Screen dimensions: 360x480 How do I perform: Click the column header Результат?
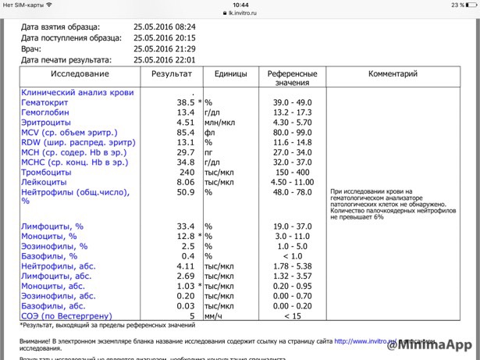tap(169, 73)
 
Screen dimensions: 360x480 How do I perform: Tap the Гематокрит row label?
tap(44, 102)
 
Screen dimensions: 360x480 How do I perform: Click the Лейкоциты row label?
tap(44, 182)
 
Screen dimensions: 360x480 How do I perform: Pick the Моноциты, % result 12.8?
tap(182, 236)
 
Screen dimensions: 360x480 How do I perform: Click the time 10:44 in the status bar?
tap(240, 5)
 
